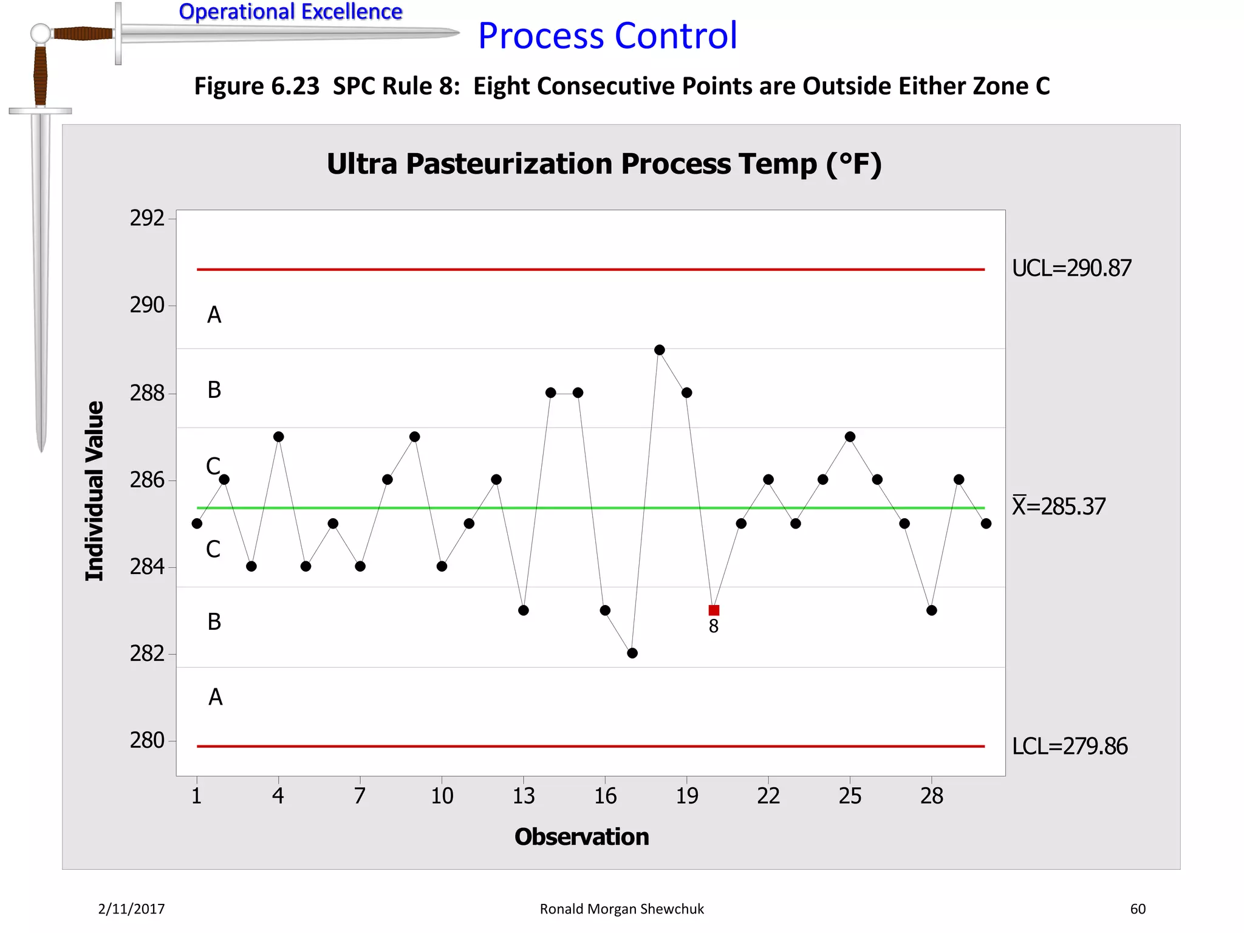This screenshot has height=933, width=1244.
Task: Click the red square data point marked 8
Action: click(714, 610)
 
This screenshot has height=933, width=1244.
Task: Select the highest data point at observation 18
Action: click(660, 350)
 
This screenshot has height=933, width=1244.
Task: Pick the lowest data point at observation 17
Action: click(632, 653)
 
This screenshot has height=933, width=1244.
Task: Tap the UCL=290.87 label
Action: click(1071, 268)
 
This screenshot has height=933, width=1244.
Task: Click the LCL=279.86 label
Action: click(1070, 746)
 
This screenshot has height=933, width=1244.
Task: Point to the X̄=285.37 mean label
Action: click(1059, 506)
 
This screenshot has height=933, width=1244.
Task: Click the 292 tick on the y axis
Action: click(147, 218)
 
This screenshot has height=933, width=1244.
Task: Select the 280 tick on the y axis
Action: click(147, 740)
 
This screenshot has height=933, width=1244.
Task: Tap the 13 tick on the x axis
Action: click(524, 796)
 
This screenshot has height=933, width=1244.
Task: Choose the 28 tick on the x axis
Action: click(932, 796)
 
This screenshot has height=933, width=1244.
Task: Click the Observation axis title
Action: click(581, 837)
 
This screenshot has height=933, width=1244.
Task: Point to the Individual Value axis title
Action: click(95, 491)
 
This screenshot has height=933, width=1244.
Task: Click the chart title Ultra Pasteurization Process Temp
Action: click(604, 164)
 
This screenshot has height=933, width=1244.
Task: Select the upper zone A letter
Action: click(214, 315)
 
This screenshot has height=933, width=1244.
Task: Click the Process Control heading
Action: click(607, 35)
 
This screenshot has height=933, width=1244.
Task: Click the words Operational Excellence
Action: click(290, 12)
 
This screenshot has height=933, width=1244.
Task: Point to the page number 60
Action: click(1138, 909)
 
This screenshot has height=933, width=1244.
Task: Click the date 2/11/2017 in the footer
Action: click(131, 909)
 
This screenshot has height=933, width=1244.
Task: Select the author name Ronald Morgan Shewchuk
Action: click(621, 909)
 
